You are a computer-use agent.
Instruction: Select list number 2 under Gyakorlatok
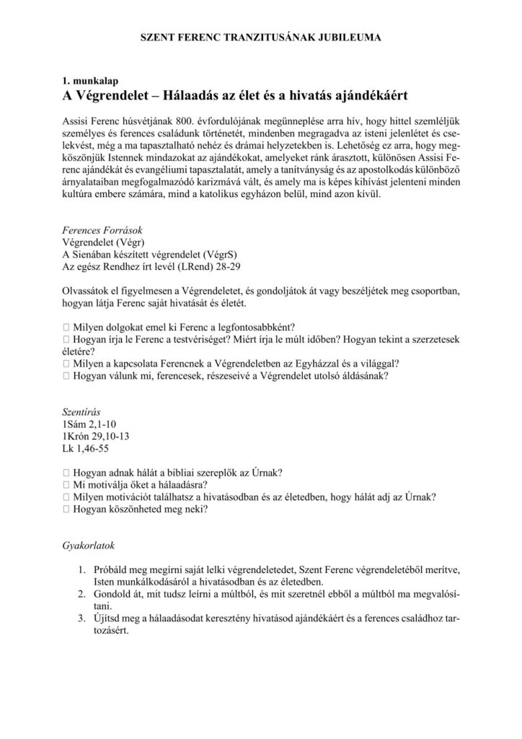click(x=84, y=595)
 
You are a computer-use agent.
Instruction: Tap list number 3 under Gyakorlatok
click(x=84, y=619)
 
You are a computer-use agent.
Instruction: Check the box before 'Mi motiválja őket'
click(x=67, y=485)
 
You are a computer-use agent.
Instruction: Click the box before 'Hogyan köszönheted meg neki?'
click(x=67, y=510)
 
